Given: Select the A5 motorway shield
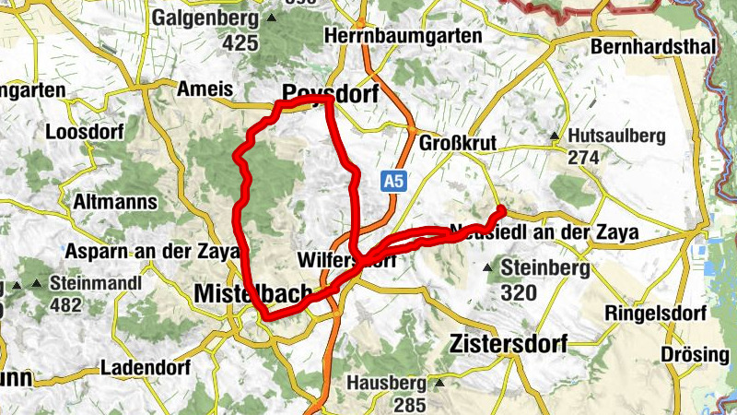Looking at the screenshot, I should pos(394,182).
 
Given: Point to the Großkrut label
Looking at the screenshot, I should pos(458,143).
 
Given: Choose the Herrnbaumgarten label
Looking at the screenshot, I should pos(404,36).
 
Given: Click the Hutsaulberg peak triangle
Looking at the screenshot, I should pos(555,136).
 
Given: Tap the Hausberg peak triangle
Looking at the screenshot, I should pos(440,382).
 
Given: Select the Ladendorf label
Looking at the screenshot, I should pos(144,367).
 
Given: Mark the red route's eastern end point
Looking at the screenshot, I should pos(502,208).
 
